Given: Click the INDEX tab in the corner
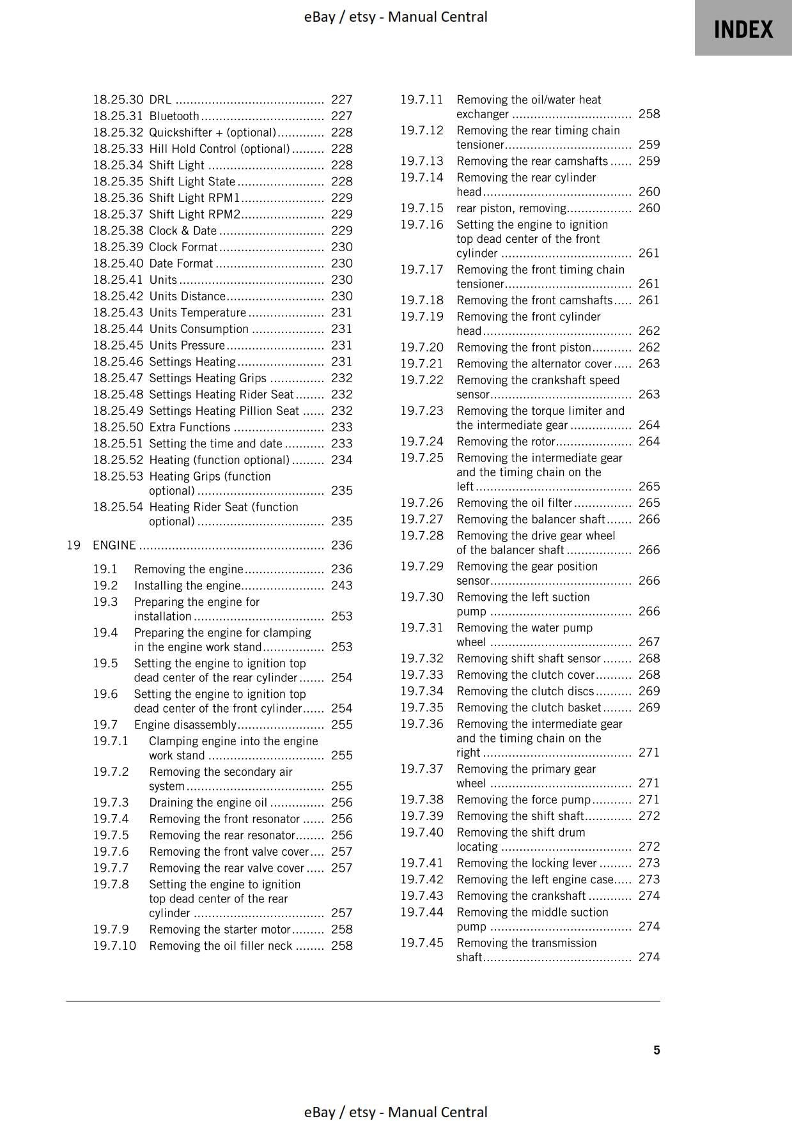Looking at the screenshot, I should (743, 29).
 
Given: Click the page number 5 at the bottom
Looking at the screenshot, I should (656, 1050).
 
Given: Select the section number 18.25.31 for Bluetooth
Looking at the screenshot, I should (118, 116).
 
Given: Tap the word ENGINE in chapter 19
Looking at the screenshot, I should (114, 545).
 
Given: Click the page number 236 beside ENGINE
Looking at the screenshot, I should (341, 545).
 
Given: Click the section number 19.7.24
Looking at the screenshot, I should (421, 441).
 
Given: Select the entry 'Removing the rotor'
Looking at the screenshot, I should (506, 441).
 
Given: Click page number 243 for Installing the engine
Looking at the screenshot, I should (341, 585).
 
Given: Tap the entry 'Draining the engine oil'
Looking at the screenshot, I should (208, 803).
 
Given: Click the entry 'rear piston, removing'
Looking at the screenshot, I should (511, 208).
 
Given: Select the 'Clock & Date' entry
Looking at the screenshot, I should (183, 231).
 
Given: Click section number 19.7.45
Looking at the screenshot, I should (421, 943).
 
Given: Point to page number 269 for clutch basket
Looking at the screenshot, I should (649, 707).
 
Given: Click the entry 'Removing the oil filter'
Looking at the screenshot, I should (514, 503).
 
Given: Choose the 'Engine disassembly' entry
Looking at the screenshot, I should (185, 725).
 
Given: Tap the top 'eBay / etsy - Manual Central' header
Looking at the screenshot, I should (396, 17).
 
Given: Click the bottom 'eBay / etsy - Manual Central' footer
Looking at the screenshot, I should (396, 1112).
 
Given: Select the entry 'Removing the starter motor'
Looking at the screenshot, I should (219, 929).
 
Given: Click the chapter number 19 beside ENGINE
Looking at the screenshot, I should (73, 545).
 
